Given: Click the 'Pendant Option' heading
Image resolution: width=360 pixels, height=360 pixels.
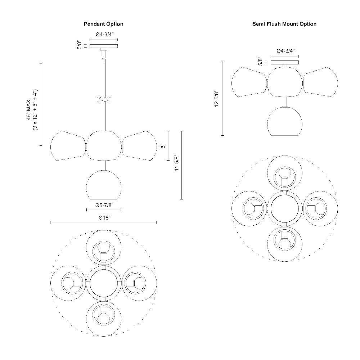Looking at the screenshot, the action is (103, 24).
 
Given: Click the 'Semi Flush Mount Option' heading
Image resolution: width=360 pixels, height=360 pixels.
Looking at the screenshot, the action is (284, 24).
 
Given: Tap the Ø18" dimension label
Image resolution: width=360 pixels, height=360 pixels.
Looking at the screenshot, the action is (104, 217).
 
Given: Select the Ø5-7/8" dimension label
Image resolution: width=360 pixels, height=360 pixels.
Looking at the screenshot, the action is (104, 205).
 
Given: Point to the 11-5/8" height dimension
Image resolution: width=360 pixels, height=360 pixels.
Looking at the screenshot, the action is (176, 163).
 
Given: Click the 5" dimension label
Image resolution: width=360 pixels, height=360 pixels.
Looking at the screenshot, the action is (163, 146).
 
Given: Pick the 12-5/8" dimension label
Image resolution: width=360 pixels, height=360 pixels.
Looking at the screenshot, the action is (216, 99).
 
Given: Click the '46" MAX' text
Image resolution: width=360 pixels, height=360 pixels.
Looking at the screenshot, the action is (28, 110).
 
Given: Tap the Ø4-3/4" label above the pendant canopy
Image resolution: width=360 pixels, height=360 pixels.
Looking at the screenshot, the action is (104, 35).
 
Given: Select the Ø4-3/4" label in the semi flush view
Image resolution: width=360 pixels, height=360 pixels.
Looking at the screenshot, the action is (285, 51).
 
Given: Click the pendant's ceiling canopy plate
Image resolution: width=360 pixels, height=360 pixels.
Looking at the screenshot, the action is (104, 46).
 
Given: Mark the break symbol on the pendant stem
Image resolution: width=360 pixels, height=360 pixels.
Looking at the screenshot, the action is (104, 99).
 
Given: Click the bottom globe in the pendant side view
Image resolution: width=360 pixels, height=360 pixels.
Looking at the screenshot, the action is (104, 185).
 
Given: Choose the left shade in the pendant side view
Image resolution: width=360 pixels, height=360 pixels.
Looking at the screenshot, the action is (68, 145).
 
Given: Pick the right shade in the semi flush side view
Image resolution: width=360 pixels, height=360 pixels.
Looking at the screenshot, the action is (320, 82).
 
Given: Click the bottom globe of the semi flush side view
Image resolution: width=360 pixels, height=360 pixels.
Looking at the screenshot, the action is (285, 121).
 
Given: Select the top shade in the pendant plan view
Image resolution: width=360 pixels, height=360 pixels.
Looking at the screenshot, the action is (104, 248).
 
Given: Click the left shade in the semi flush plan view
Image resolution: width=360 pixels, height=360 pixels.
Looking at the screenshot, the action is (249, 209).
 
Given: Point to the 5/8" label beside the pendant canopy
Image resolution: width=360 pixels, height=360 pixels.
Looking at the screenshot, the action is (80, 45).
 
